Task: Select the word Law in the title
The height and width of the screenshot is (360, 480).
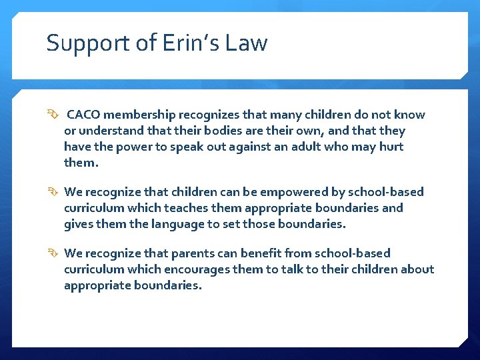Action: click(x=247, y=43)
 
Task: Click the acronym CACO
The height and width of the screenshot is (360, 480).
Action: click(x=84, y=115)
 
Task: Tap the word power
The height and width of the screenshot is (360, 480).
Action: click(x=135, y=147)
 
